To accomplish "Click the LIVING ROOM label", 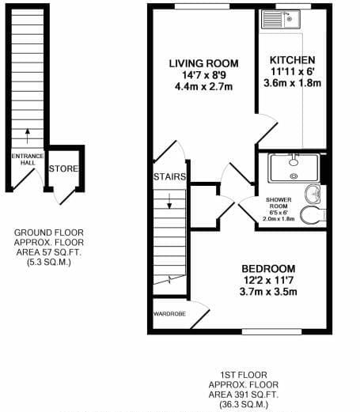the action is pos(203,63).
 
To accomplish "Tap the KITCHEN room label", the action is pos(292,60).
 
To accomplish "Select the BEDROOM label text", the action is pos(268,269).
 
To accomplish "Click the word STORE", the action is pos(64,168).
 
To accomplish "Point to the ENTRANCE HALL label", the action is pos(28,160).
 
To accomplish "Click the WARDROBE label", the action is pos(169,314).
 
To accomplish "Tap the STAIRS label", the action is pos(170,176).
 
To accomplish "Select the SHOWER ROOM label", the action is pos(279,203).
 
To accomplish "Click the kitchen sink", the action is pos(281,19).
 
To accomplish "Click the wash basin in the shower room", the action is pos(313,194).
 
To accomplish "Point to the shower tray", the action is pos(294,168).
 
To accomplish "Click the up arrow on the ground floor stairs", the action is pos(28,136).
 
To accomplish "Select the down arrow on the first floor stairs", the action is pos(169,201).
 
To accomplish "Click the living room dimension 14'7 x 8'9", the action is pos(204,75).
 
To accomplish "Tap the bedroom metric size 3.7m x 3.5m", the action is pos(268,292).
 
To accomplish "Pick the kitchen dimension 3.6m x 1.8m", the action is pos(293,83).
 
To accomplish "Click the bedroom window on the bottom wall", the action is pos(271,331).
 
